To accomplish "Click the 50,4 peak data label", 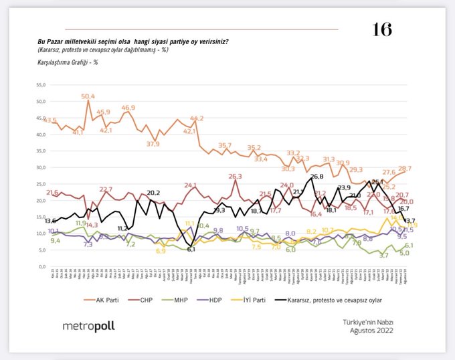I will (88, 96).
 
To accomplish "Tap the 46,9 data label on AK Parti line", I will (128, 108).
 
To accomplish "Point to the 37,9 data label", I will (153, 144).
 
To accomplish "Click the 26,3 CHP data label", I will (234, 177).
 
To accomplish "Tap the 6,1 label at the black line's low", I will (191, 249).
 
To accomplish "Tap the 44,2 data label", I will (197, 118).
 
